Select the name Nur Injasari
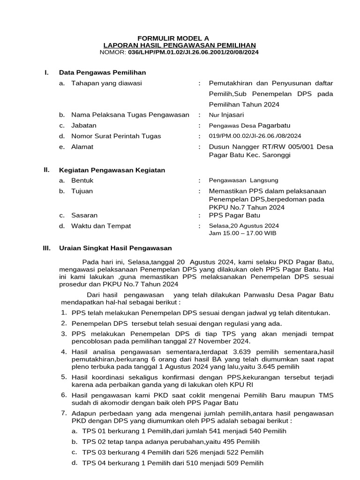[226, 115]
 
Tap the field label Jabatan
[84, 126]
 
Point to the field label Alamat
[82, 147]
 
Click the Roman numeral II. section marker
[45, 170]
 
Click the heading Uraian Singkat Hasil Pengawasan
[115, 248]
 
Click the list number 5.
[64, 377]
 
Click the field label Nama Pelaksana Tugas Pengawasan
[130, 115]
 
